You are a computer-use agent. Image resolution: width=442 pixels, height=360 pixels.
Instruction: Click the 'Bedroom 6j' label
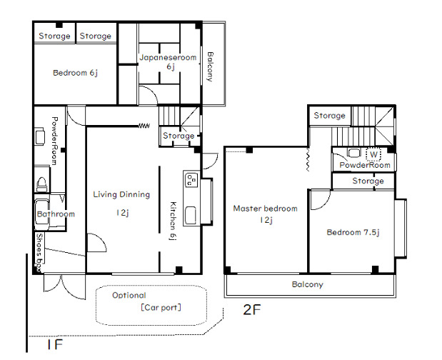[75, 73]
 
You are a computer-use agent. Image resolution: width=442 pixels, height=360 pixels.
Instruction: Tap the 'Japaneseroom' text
[168, 58]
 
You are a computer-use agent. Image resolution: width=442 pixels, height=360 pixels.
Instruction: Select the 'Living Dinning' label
[121, 194]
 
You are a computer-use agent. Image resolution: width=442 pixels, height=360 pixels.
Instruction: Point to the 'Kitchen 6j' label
[173, 221]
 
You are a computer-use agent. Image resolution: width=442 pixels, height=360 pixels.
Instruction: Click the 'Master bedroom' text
[265, 209]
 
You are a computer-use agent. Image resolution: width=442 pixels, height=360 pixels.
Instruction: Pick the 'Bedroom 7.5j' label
[353, 232]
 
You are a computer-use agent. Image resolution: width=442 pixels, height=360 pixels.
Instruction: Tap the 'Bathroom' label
[56, 214]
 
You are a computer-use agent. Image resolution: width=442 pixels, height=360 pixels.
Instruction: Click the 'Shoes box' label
[40, 253]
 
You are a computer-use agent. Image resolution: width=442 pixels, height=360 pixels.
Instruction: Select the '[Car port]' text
[161, 307]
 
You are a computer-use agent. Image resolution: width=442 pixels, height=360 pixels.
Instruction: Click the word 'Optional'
[129, 295]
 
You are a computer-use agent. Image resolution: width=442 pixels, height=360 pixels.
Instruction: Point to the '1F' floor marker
[55, 344]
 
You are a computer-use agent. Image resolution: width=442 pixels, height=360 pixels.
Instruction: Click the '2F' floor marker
[252, 310]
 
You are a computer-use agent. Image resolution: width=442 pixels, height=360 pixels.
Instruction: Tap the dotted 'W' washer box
[373, 154]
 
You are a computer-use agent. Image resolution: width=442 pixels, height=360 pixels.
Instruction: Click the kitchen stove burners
[191, 180]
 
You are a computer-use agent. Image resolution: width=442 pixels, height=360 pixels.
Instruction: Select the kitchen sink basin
[191, 216]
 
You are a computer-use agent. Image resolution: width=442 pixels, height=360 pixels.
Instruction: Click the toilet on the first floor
[42, 184]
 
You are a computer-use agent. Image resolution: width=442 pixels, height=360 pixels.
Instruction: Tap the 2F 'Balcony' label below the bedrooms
[307, 284]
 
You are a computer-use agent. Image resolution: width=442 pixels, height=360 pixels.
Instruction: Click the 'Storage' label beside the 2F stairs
[329, 116]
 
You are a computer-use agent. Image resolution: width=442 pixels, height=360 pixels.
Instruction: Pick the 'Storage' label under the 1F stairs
[179, 136]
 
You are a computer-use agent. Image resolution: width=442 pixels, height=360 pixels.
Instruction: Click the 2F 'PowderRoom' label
[365, 165]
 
